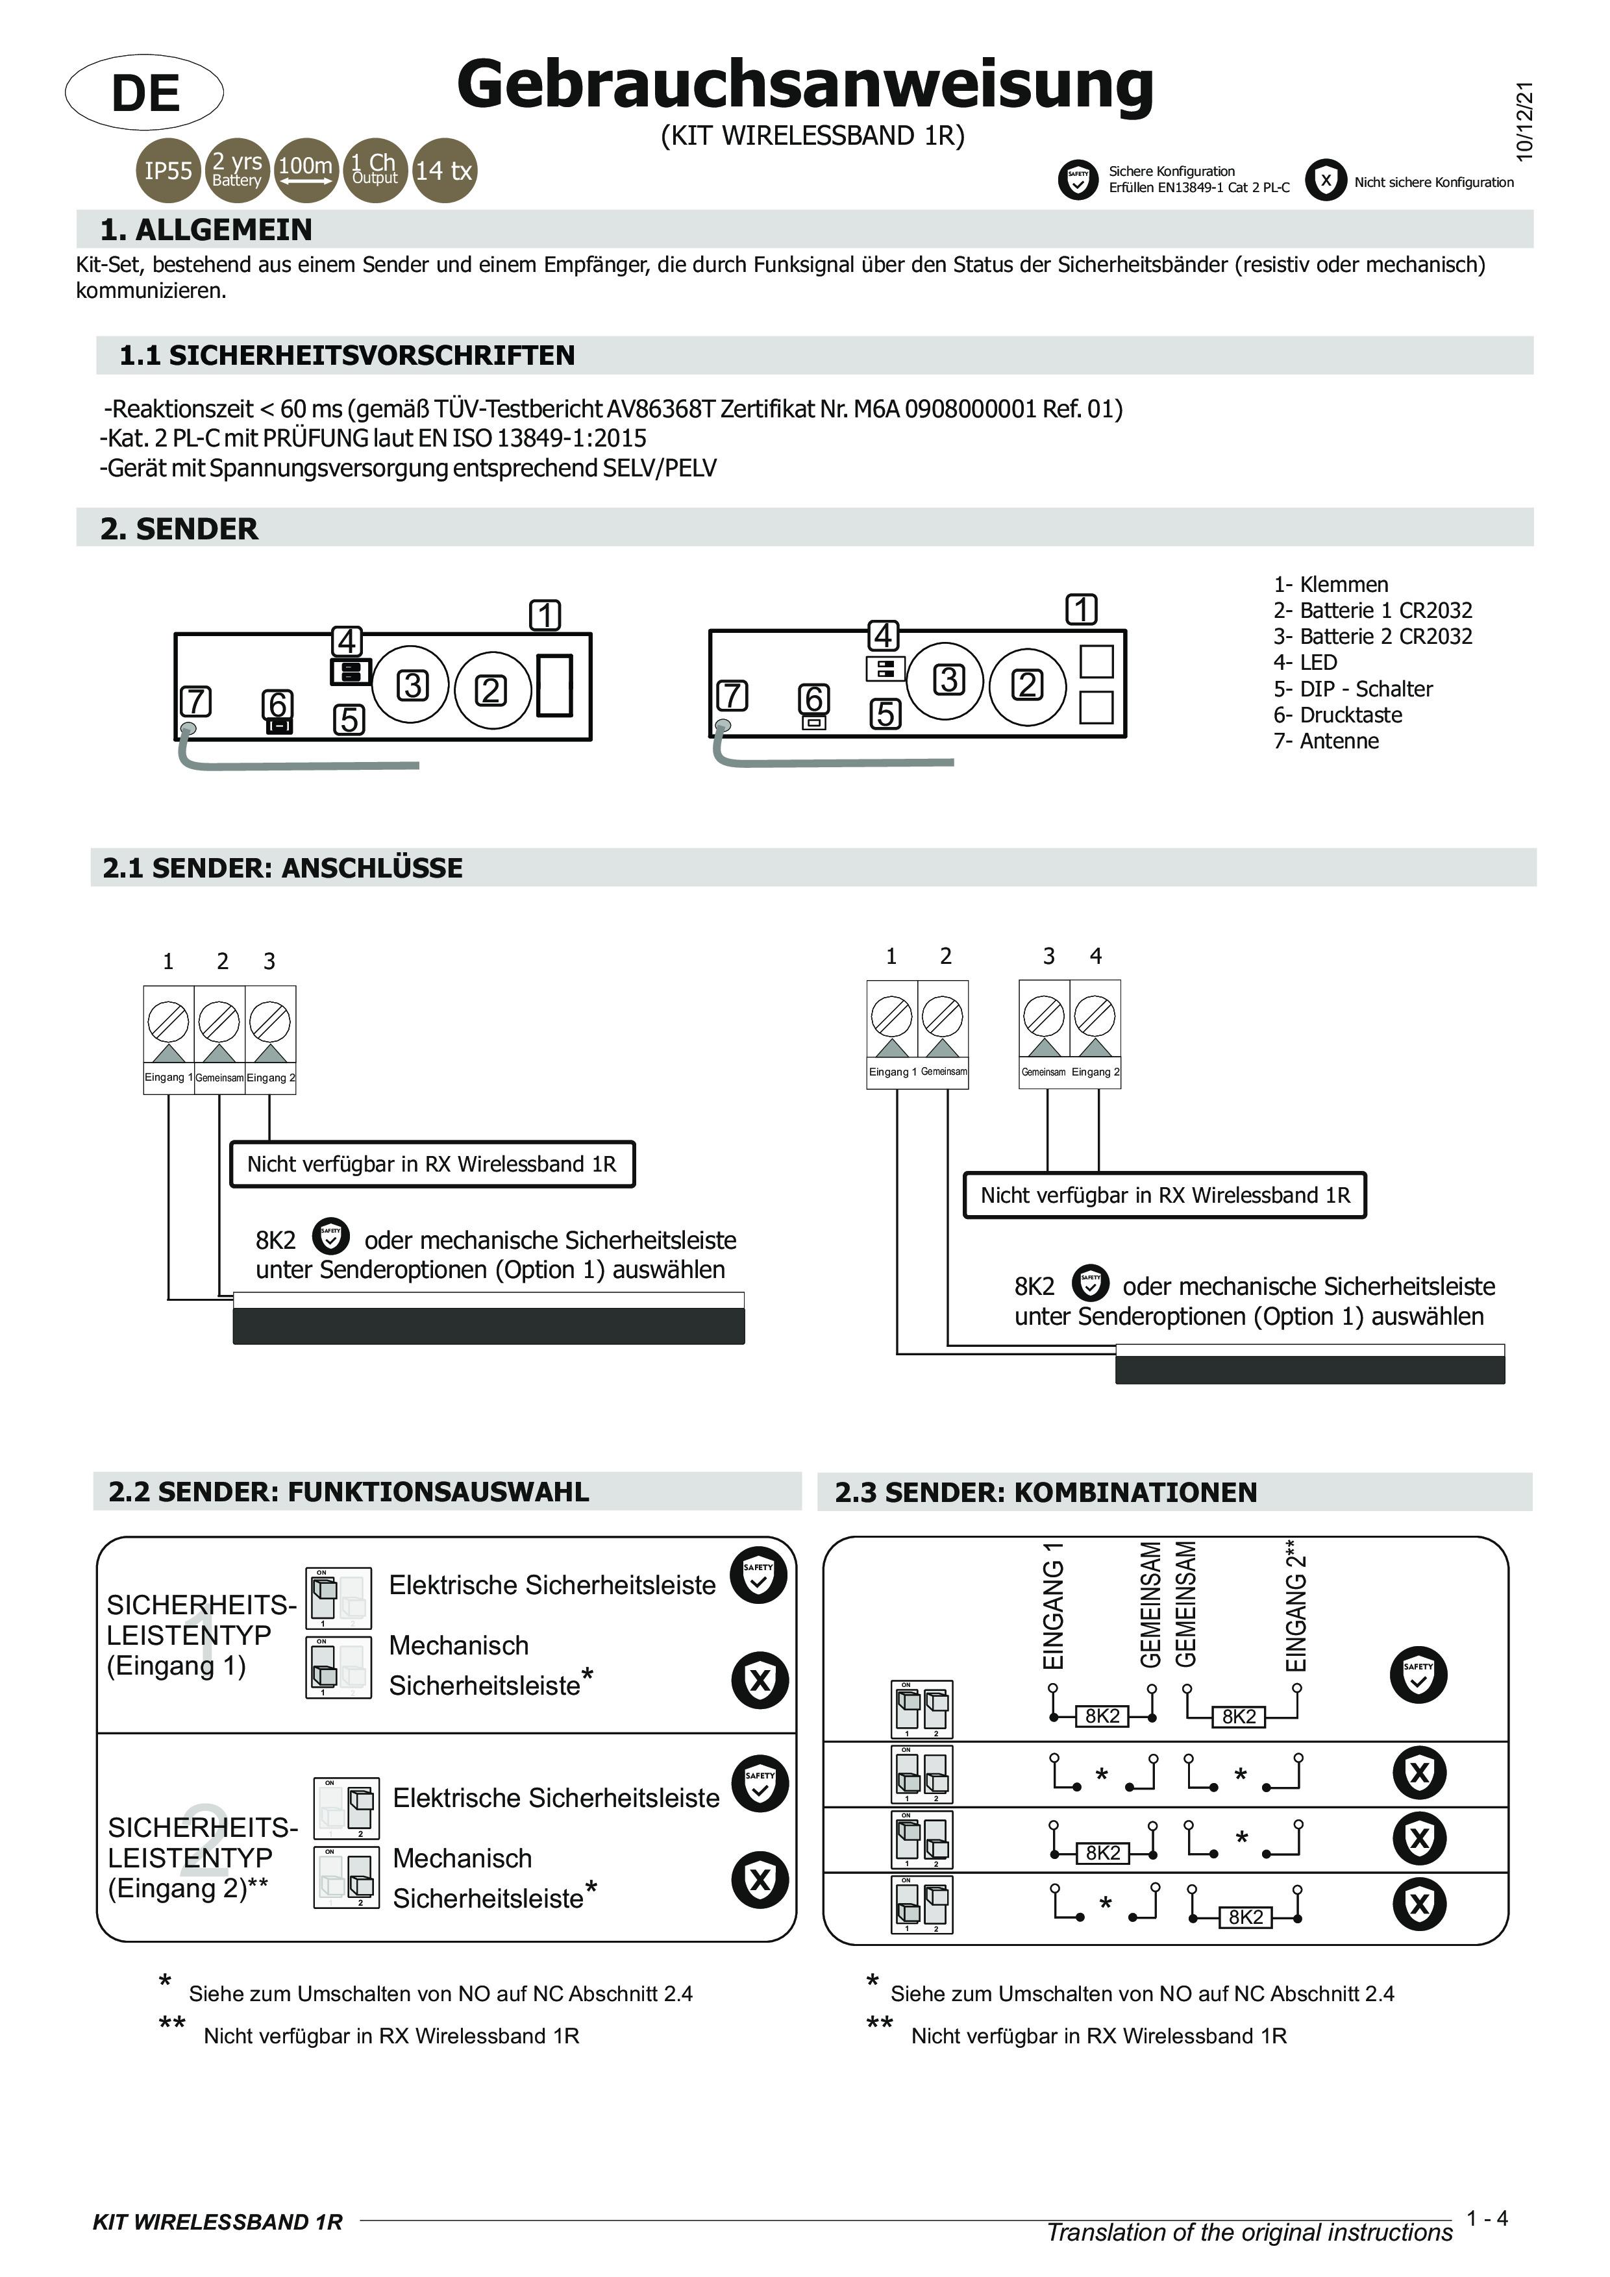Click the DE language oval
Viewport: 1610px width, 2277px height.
coord(144,92)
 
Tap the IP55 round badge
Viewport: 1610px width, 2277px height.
coord(167,171)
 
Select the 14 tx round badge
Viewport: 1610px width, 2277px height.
coord(443,171)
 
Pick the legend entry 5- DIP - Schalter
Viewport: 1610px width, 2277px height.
coord(1352,688)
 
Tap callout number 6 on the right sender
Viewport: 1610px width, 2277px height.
coord(813,699)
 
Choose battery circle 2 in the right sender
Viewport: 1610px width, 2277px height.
coord(1027,684)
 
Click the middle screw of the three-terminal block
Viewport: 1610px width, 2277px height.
coord(219,1020)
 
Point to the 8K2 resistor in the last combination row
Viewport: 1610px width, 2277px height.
coord(1246,1917)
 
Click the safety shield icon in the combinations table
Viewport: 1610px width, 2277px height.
coord(1418,1674)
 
